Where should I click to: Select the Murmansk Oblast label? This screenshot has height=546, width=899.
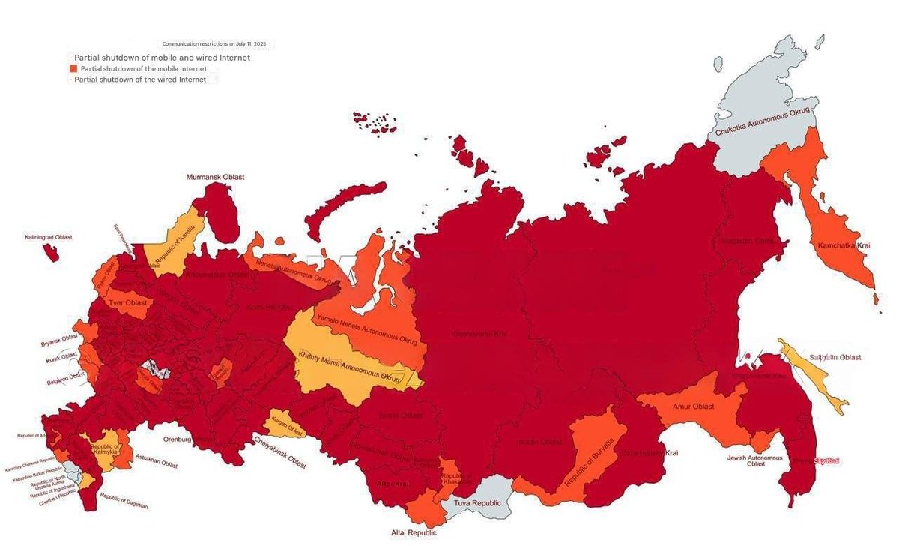point(216,177)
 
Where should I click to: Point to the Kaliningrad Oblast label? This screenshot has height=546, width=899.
point(48,237)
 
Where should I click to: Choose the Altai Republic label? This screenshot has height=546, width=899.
point(412,533)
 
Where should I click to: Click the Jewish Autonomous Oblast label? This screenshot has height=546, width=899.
point(755,460)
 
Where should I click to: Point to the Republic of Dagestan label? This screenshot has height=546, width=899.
point(124,502)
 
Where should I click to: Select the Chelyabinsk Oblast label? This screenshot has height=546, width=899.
point(279,452)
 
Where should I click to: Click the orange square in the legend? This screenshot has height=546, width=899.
point(73,68)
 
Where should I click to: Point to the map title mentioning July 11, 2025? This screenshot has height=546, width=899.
point(214,44)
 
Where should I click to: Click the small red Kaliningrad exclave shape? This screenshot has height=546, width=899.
point(51,252)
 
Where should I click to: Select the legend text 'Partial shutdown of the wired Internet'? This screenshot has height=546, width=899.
point(140,79)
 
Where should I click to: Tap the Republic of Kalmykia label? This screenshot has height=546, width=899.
point(105,451)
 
